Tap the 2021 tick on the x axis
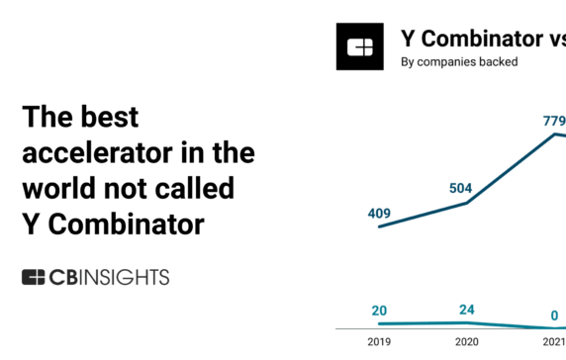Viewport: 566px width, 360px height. click(x=554, y=344)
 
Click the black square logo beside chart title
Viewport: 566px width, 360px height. click(x=360, y=46)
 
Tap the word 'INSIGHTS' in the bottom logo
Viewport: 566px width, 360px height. click(x=125, y=277)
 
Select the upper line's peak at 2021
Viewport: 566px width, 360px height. click(x=555, y=134)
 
